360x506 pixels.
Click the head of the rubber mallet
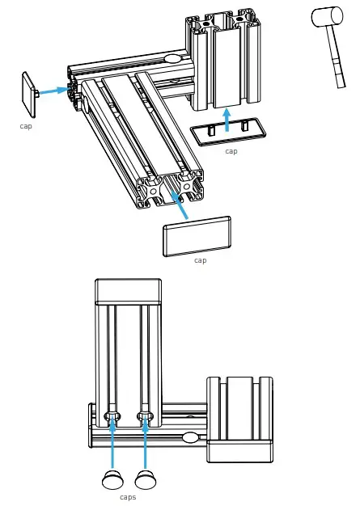pos(327,16)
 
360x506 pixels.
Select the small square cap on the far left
pos(29,95)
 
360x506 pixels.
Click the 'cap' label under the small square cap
pos(26,126)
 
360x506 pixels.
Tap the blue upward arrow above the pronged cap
pos(227,120)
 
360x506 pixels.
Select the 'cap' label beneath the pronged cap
pos(231,151)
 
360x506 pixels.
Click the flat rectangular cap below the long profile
pos(197,237)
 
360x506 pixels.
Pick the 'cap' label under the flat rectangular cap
pos(200,260)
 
